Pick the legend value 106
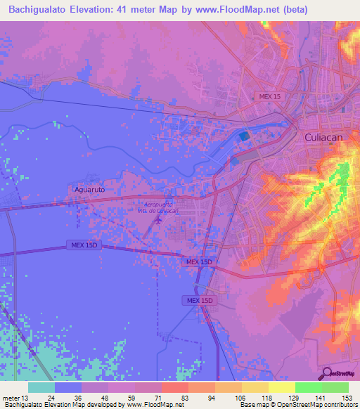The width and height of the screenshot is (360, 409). click(x=241, y=398)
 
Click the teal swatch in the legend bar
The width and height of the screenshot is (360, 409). click(x=41, y=387)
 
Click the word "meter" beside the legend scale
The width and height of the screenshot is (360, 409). click(x=10, y=398)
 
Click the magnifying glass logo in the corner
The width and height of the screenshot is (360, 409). click(x=326, y=373)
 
